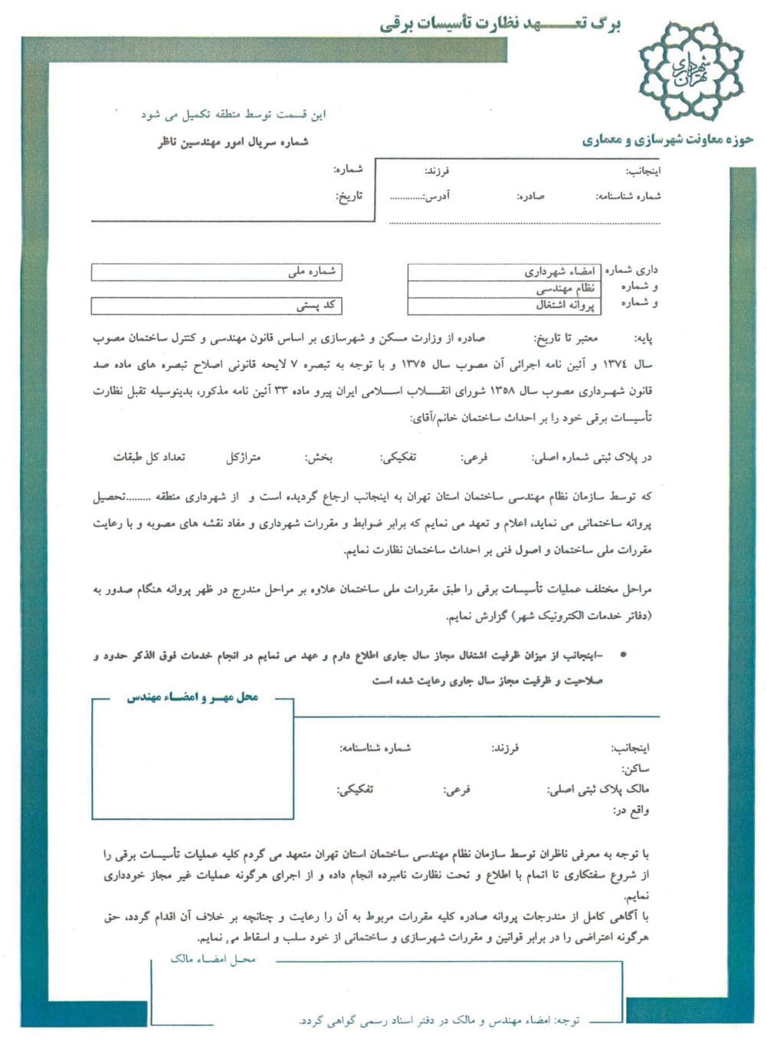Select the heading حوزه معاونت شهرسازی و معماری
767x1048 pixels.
pos(667,140)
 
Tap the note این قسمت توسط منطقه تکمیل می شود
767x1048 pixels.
pos(234,114)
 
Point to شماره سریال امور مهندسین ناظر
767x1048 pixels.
pos(233,142)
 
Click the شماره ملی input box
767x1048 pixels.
pos(216,271)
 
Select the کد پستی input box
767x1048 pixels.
pos(216,306)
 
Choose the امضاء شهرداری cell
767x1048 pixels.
pos(505,272)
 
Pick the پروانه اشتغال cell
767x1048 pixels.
pos(505,305)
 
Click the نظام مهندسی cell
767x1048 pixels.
pos(505,289)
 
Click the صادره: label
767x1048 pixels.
pos(530,196)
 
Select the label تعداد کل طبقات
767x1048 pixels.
pos(149,458)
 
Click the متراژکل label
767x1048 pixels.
pos(243,458)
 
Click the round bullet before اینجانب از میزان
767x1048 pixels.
pos(623,656)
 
